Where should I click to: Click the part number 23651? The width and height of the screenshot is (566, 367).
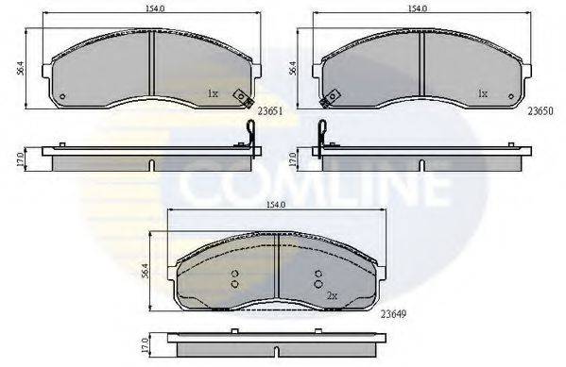point(270,111)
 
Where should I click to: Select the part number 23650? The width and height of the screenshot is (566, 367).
point(540,111)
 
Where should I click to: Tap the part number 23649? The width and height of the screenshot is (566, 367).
point(394,314)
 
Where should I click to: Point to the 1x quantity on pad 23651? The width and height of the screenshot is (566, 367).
point(213,93)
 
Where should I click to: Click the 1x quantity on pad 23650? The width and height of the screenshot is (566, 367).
point(483,93)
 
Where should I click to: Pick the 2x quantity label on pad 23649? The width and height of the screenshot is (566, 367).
point(332,296)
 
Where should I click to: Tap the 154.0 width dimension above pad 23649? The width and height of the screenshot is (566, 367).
point(276,205)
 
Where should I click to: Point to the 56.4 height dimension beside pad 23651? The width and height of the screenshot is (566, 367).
point(22,68)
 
